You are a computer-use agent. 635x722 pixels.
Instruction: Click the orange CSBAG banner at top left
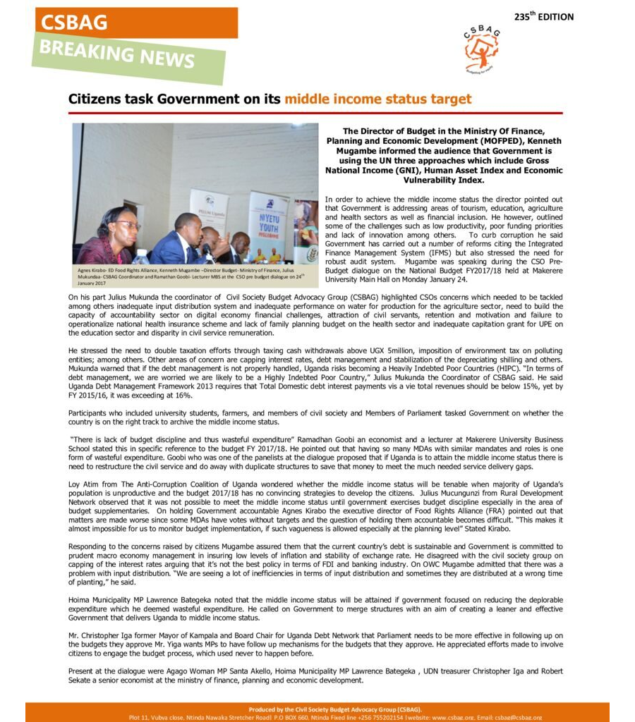click(x=134, y=23)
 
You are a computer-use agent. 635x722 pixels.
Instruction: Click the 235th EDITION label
click(x=543, y=16)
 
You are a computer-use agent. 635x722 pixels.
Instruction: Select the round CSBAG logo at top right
click(x=482, y=49)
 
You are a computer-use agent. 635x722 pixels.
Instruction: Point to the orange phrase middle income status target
click(x=377, y=99)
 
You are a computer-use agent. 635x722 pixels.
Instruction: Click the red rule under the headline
click(x=315, y=113)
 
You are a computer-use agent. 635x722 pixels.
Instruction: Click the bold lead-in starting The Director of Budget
click(x=443, y=155)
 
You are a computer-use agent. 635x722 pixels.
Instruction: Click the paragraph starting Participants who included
click(x=315, y=417)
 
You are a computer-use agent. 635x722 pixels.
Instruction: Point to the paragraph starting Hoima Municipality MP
click(x=315, y=608)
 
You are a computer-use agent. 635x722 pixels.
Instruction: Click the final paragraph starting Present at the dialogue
click(x=315, y=675)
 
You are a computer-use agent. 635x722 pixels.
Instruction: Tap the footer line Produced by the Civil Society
click(x=335, y=709)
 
